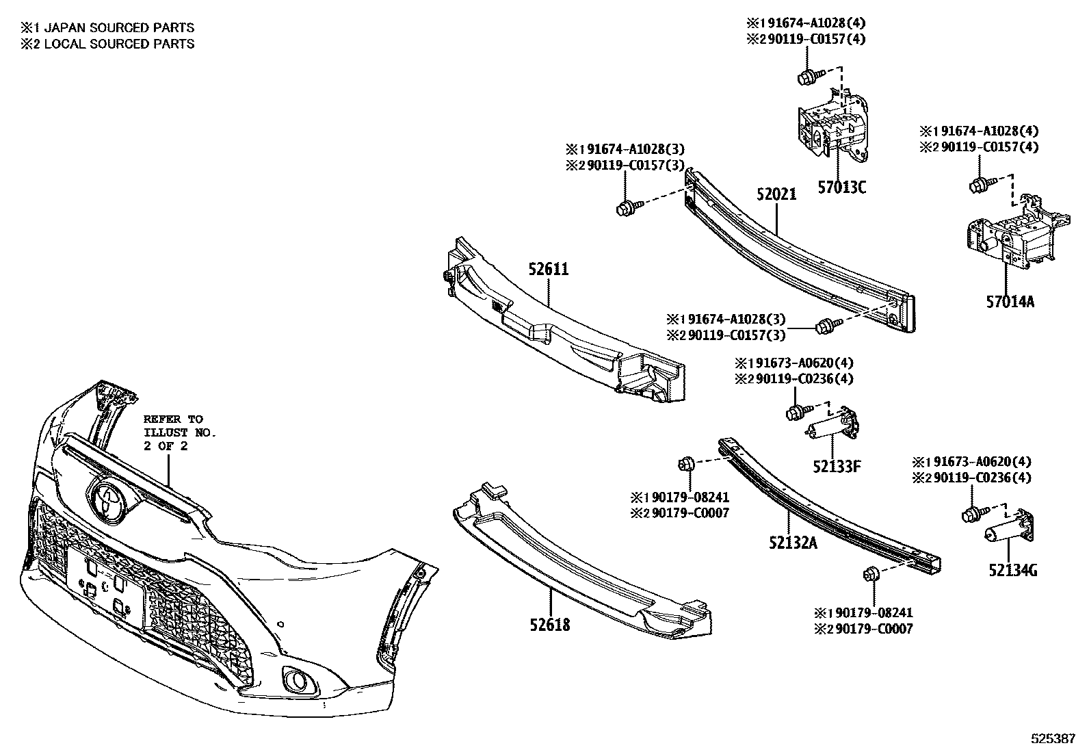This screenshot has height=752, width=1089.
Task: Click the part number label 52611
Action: (548, 270)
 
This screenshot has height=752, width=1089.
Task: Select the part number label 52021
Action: (776, 194)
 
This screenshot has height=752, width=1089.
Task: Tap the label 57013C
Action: (841, 187)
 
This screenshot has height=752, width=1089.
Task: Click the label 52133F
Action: (836, 467)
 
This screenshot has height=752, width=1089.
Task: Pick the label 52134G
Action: (1012, 569)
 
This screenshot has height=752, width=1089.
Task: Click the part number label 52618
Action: (549, 624)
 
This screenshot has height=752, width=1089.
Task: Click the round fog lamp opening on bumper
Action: (298, 679)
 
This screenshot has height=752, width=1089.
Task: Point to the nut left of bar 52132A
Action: (686, 465)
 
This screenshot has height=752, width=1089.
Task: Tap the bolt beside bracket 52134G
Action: (971, 516)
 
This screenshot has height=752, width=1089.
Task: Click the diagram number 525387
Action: (1053, 740)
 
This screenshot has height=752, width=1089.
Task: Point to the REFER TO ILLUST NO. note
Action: (179, 432)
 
